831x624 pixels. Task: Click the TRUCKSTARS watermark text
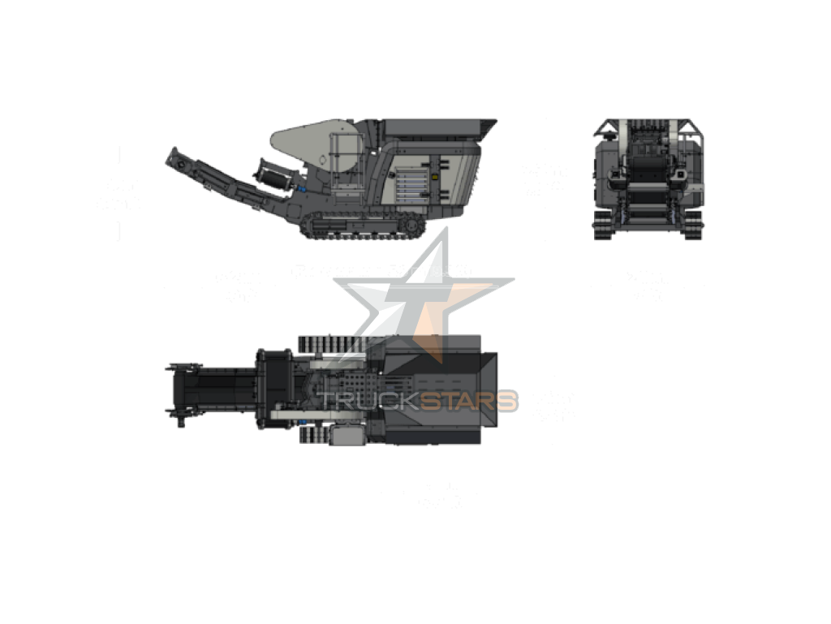(x=417, y=401)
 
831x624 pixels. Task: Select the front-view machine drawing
(x=648, y=179)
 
